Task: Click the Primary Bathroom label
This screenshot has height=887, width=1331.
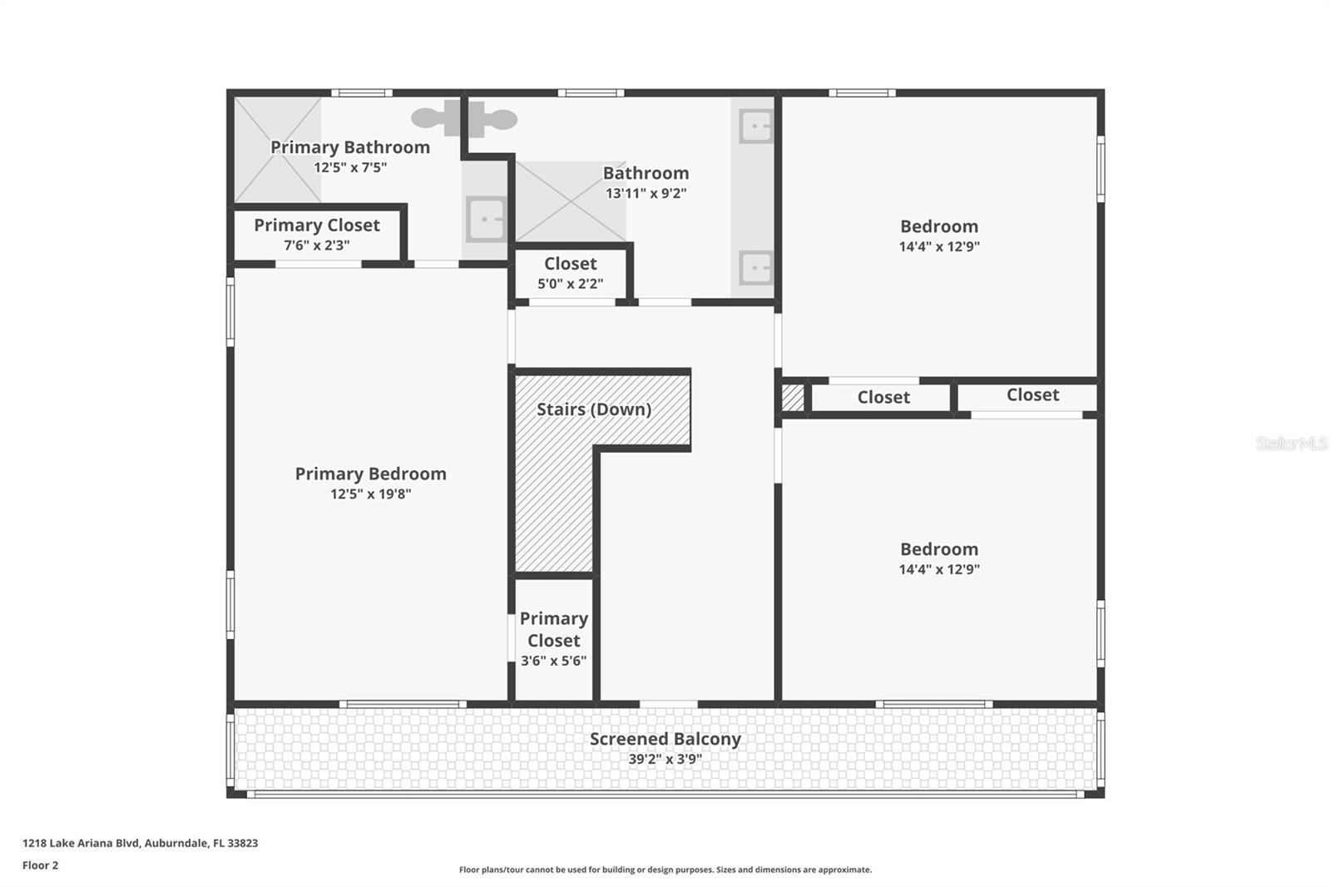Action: coord(350,147)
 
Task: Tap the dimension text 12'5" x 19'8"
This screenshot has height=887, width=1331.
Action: coord(370,494)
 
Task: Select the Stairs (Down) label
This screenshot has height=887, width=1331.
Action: coord(593,409)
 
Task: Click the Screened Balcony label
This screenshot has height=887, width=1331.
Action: coord(665,739)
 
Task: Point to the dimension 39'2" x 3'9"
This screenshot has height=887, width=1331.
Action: coord(665,759)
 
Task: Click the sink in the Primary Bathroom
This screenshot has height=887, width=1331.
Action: coord(485,220)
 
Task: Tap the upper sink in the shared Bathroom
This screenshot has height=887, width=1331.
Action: coord(755,126)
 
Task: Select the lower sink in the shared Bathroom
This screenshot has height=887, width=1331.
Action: coord(755,268)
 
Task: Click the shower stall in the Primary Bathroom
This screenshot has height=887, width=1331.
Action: coord(277,150)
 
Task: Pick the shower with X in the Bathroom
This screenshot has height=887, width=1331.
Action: coord(570,201)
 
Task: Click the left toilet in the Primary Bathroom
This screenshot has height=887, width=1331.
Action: coord(430,119)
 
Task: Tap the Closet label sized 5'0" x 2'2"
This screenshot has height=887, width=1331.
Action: coord(570,264)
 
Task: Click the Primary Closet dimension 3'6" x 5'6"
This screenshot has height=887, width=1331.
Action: coord(553,662)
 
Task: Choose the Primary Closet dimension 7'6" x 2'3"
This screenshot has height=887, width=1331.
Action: coord(316,245)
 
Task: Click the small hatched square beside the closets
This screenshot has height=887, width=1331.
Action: coord(793,397)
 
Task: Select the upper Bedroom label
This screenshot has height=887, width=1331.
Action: coord(938,226)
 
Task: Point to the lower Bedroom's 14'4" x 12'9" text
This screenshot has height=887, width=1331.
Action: coord(938,570)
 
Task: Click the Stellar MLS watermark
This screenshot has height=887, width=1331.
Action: coord(1291,443)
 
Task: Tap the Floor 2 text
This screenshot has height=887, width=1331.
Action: coord(40,865)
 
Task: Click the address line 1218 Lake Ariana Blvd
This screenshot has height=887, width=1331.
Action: coord(140,843)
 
